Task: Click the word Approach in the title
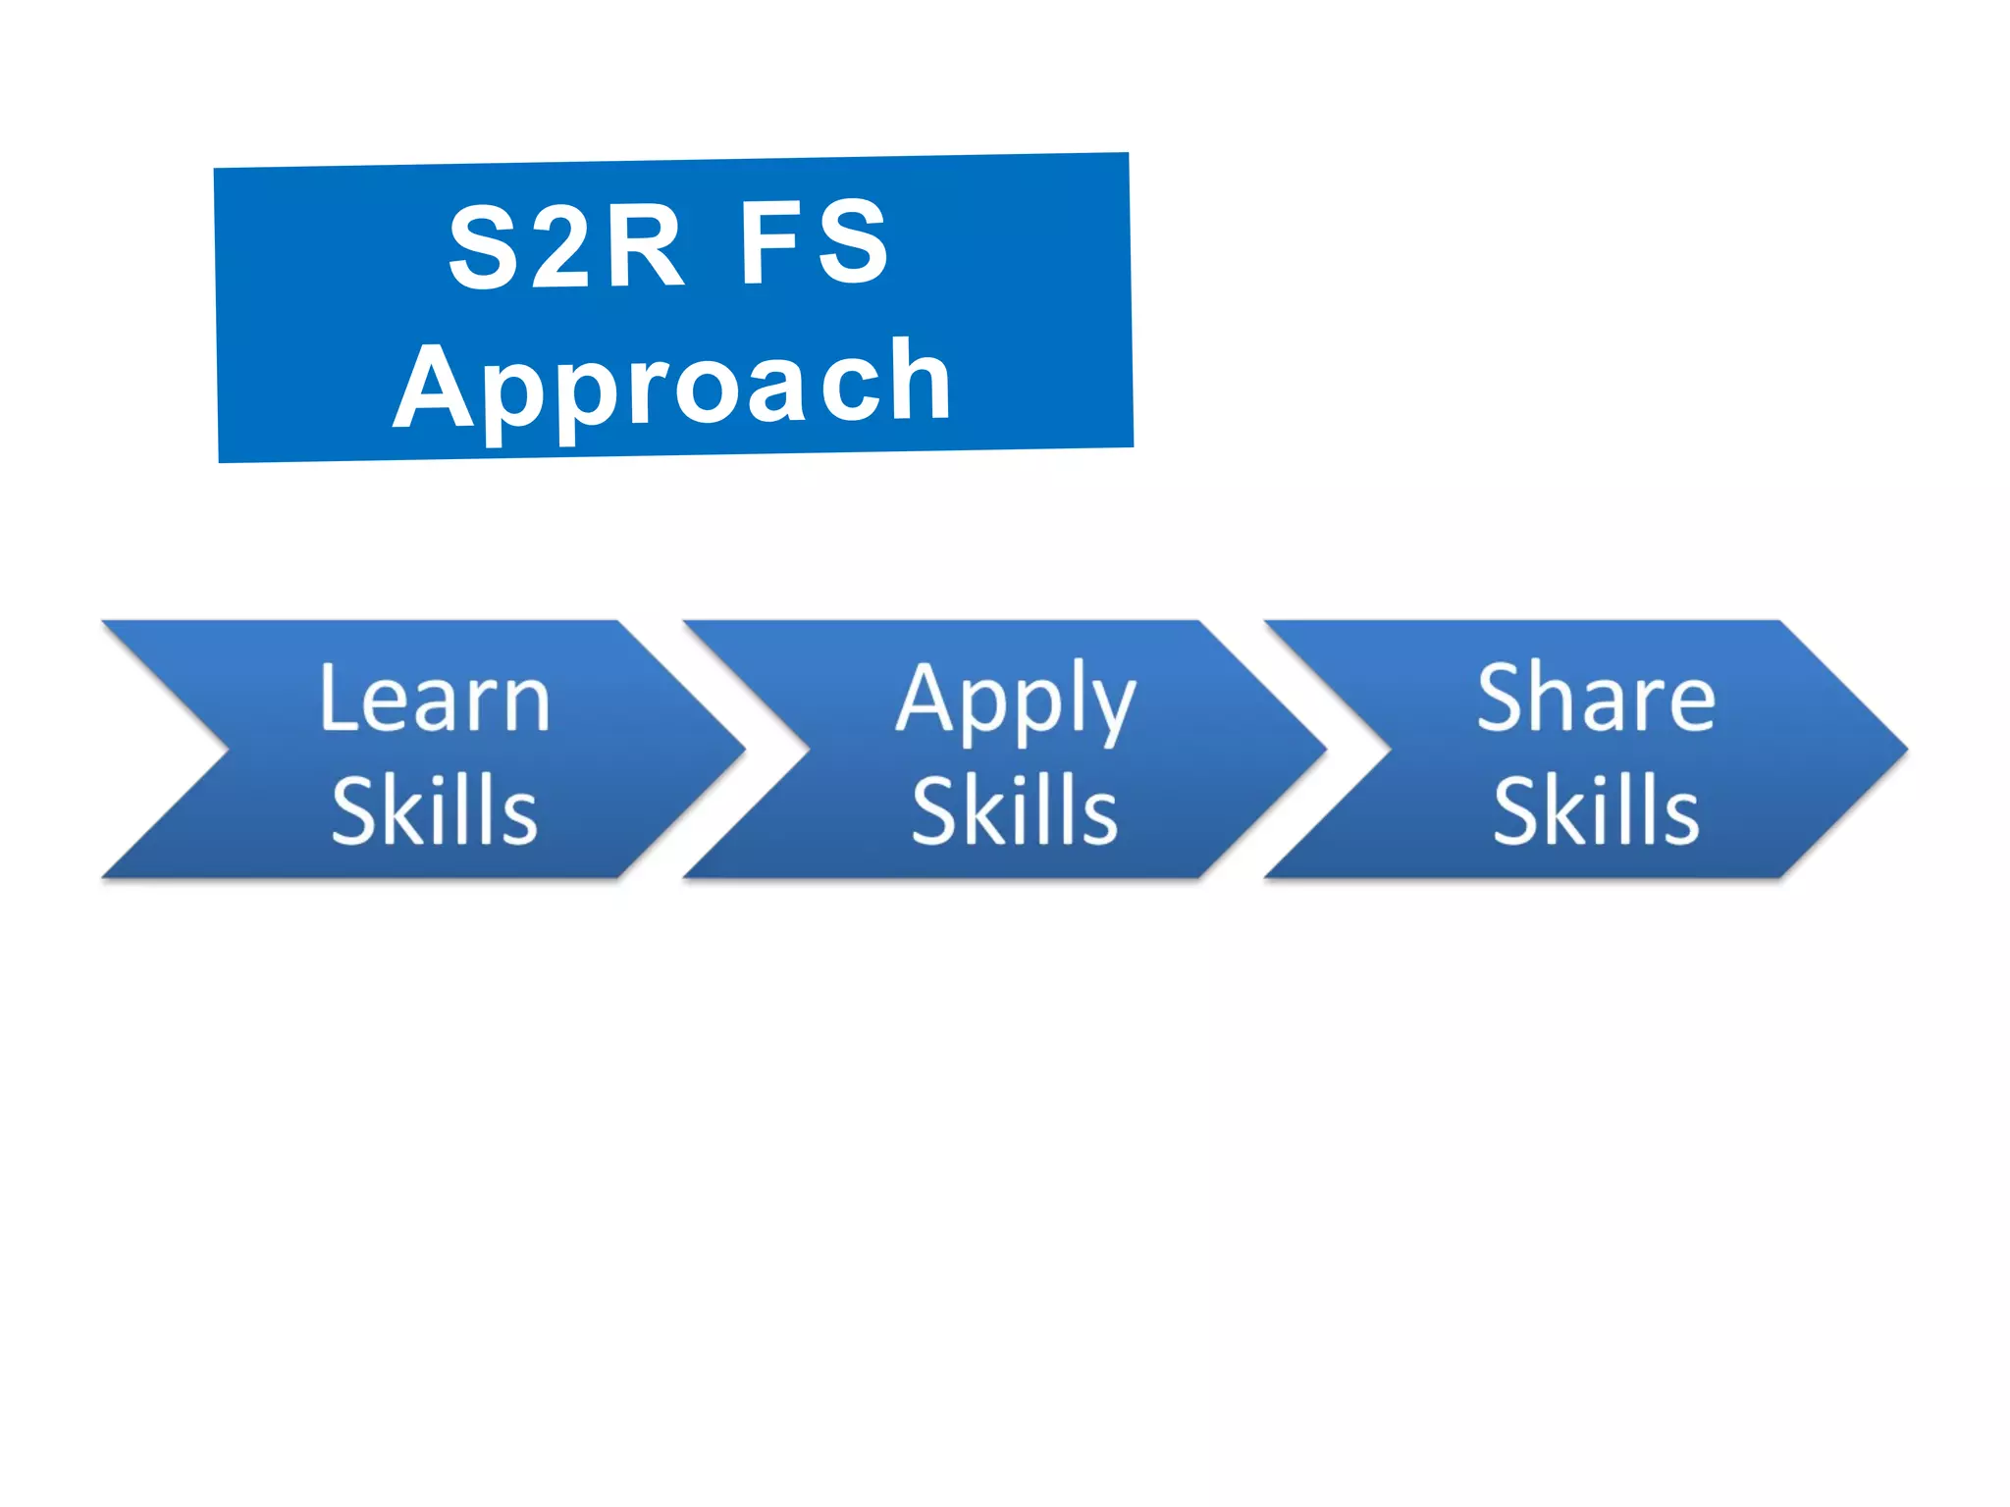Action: click(x=673, y=385)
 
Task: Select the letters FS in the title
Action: click(x=814, y=241)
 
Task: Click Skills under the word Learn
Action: click(x=435, y=810)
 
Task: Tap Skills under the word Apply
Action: click(x=1015, y=810)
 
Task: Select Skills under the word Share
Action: click(x=1596, y=810)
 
